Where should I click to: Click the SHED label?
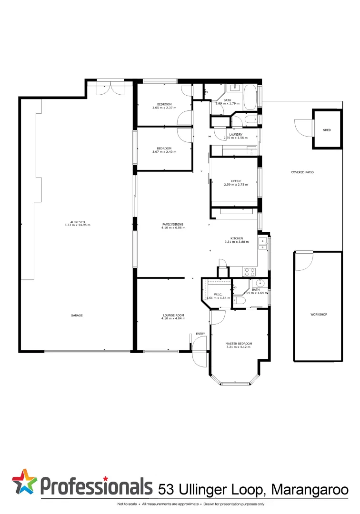(327, 130)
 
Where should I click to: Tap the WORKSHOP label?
(319, 315)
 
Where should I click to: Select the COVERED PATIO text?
(302, 172)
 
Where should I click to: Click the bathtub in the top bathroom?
(250, 97)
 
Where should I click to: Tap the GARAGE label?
(77, 315)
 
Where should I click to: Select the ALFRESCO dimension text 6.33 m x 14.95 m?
(77, 225)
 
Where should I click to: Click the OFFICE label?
(236, 181)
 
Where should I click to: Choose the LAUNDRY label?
(236, 135)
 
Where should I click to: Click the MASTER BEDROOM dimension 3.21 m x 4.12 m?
(239, 347)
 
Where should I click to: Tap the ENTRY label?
(200, 334)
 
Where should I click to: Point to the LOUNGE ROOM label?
(173, 316)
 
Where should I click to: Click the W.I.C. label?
(219, 294)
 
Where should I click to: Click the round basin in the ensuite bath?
(255, 284)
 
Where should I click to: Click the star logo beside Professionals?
(24, 482)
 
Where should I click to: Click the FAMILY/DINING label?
(172, 224)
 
